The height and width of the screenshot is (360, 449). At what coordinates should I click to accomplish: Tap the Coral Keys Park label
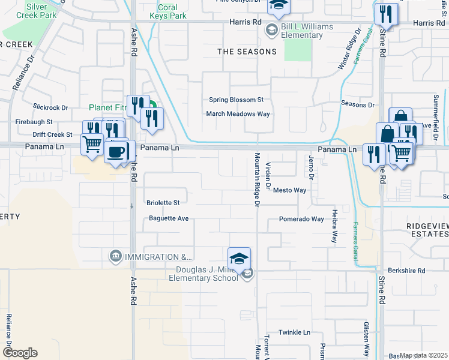point(172,12)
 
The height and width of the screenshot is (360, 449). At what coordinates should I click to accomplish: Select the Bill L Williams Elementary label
point(303,31)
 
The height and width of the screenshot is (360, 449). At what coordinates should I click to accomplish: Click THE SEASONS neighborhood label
point(247,52)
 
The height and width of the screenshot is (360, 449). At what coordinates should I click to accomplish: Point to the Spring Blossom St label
point(236,100)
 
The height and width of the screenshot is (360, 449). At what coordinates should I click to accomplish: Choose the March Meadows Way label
point(238,113)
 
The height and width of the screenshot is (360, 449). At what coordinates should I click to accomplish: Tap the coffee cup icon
point(116,151)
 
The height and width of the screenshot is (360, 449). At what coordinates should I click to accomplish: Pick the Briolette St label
point(163,203)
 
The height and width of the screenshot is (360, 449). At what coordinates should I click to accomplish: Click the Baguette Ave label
point(169,218)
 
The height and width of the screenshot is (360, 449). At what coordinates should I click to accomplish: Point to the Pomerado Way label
point(301,219)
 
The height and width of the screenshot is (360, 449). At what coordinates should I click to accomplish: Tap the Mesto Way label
point(289,190)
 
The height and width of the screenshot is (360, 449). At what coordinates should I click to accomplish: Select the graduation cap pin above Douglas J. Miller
point(239,259)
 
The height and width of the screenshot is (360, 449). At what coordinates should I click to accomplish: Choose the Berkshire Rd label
point(406,271)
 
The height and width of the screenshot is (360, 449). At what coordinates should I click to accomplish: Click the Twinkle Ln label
point(294,332)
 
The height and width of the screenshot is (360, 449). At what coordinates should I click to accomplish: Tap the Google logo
point(20,353)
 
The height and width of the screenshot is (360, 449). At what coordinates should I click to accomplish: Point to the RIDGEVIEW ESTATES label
point(419,231)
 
